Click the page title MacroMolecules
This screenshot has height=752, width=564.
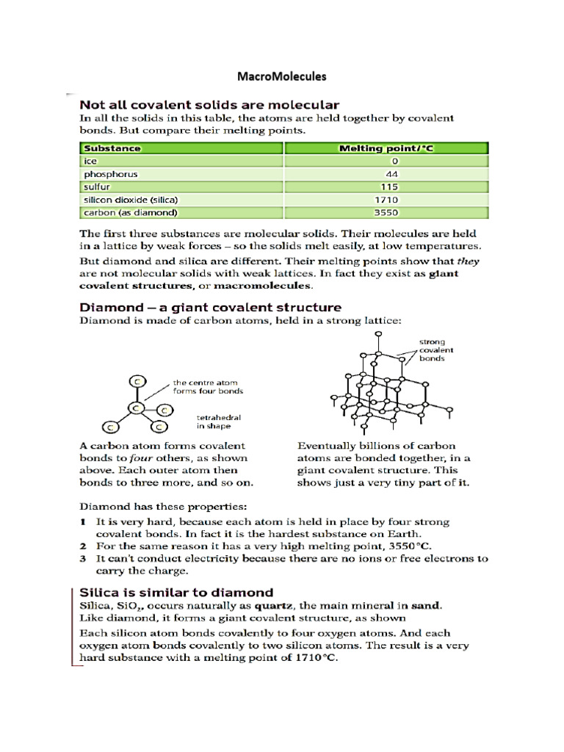[282, 76]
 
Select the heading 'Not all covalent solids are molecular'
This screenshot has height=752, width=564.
[209, 105]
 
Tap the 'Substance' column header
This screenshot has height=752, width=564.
[112, 148]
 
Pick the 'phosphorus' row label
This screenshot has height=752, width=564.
[110, 174]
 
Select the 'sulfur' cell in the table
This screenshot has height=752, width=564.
[97, 187]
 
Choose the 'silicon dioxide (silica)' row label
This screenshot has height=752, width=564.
[131, 200]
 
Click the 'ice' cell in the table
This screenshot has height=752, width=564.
[90, 161]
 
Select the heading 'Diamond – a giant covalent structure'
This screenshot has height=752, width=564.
[210, 307]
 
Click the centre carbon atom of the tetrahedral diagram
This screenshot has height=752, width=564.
[135, 406]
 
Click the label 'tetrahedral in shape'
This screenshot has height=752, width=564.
[219, 422]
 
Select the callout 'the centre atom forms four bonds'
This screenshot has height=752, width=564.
[208, 387]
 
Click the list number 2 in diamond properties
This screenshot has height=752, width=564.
[84, 547]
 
